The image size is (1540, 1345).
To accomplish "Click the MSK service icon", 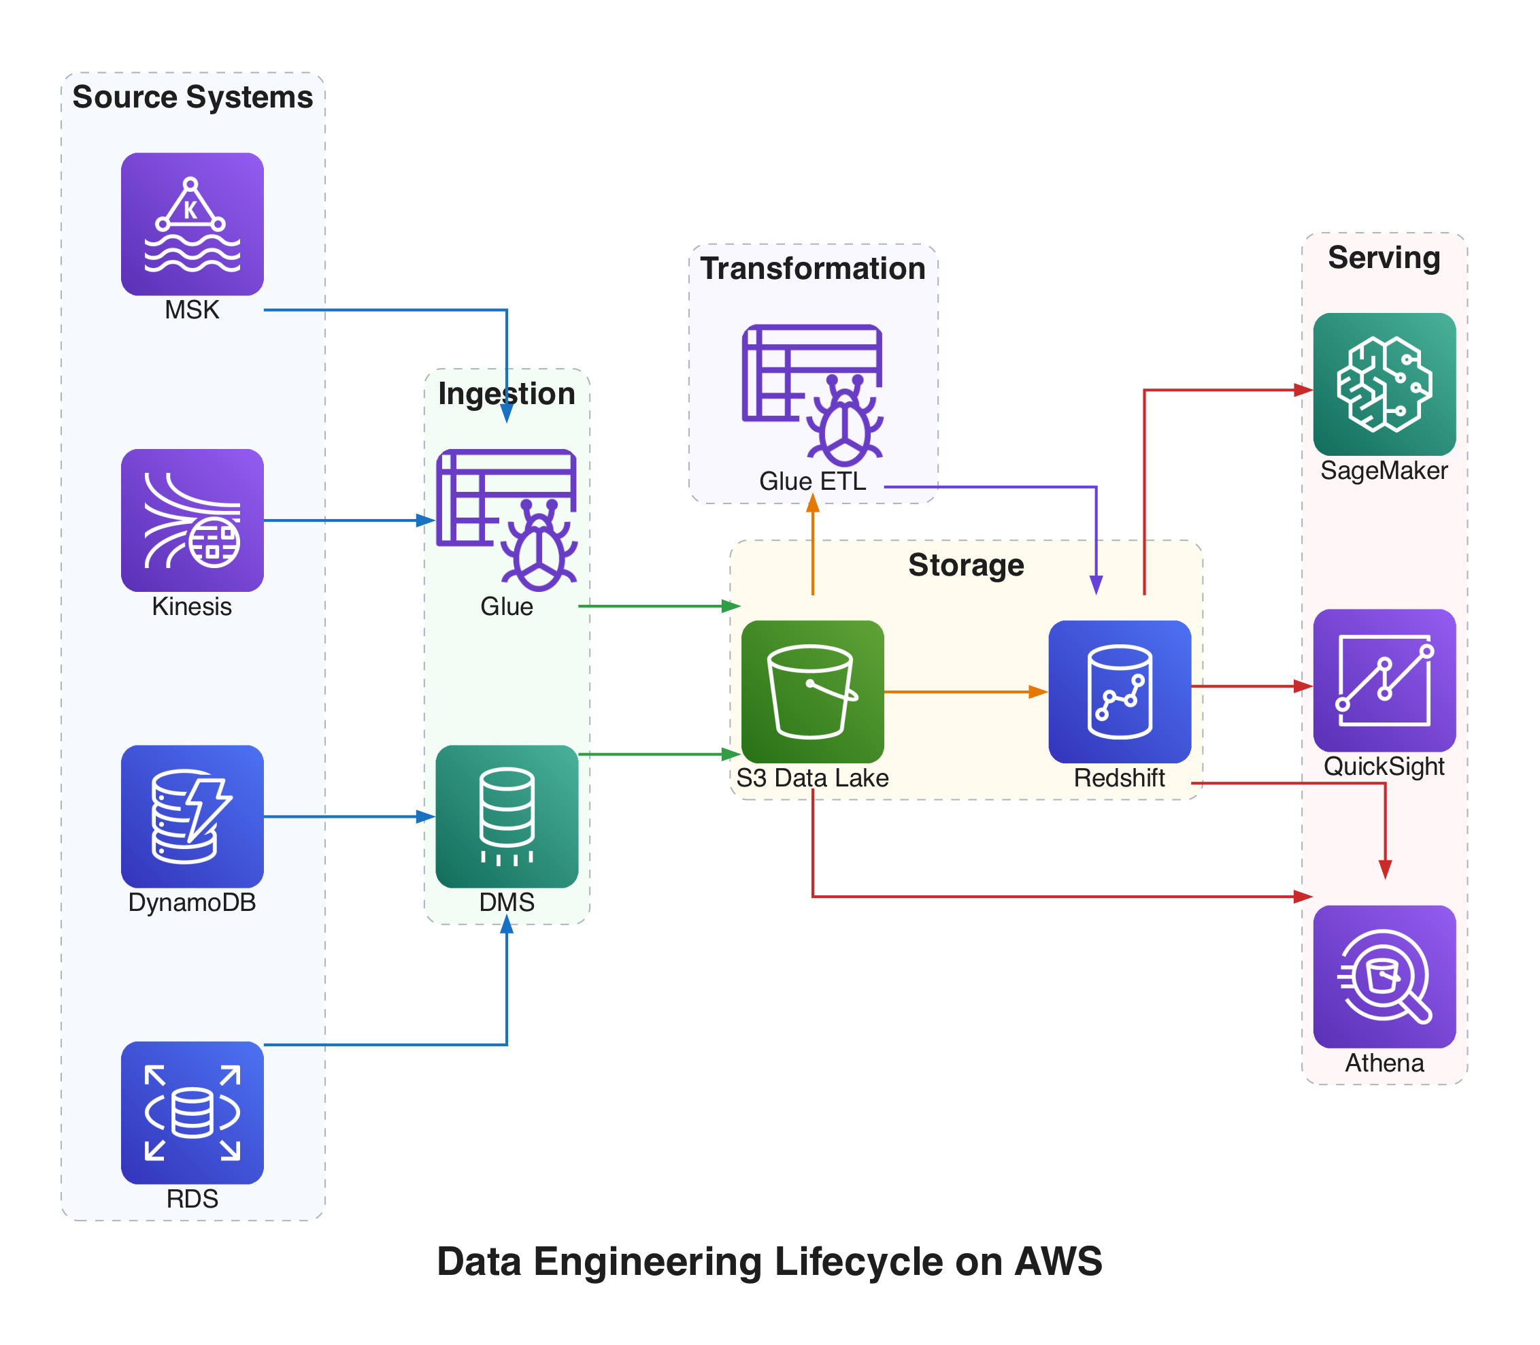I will [192, 224].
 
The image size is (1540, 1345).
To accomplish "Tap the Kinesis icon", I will [192, 520].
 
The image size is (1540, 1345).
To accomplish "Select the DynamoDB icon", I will [192, 816].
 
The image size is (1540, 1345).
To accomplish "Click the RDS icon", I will [192, 1112].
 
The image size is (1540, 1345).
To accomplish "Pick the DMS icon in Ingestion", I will [507, 816].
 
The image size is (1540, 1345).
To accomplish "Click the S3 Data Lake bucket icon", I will [812, 691].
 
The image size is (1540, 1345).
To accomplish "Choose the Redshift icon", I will [1119, 691].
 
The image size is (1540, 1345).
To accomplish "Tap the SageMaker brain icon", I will [1384, 384].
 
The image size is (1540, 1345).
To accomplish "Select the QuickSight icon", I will [1384, 680].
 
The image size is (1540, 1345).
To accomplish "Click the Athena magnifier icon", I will [1384, 976].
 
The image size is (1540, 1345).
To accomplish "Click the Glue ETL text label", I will [812, 481].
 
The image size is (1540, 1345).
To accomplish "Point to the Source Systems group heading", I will [192, 97].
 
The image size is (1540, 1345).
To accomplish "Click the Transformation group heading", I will [812, 268].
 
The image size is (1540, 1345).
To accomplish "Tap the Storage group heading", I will [966, 565].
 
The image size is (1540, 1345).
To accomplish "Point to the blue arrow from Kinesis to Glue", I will [346, 520].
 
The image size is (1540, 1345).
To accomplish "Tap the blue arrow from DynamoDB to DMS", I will [346, 816].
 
